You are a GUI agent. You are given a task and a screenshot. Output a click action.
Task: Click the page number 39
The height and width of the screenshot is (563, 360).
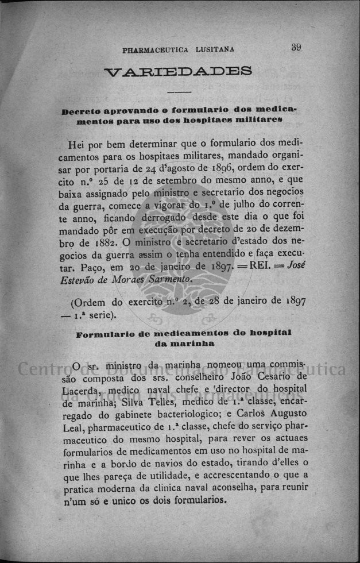click(296, 48)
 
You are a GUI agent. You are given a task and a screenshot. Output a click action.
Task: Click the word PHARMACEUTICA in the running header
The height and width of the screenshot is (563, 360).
click(155, 49)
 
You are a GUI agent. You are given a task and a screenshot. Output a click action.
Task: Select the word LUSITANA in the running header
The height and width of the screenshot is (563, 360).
click(214, 49)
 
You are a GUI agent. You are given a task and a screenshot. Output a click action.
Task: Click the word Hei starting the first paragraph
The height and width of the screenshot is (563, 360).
click(78, 144)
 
